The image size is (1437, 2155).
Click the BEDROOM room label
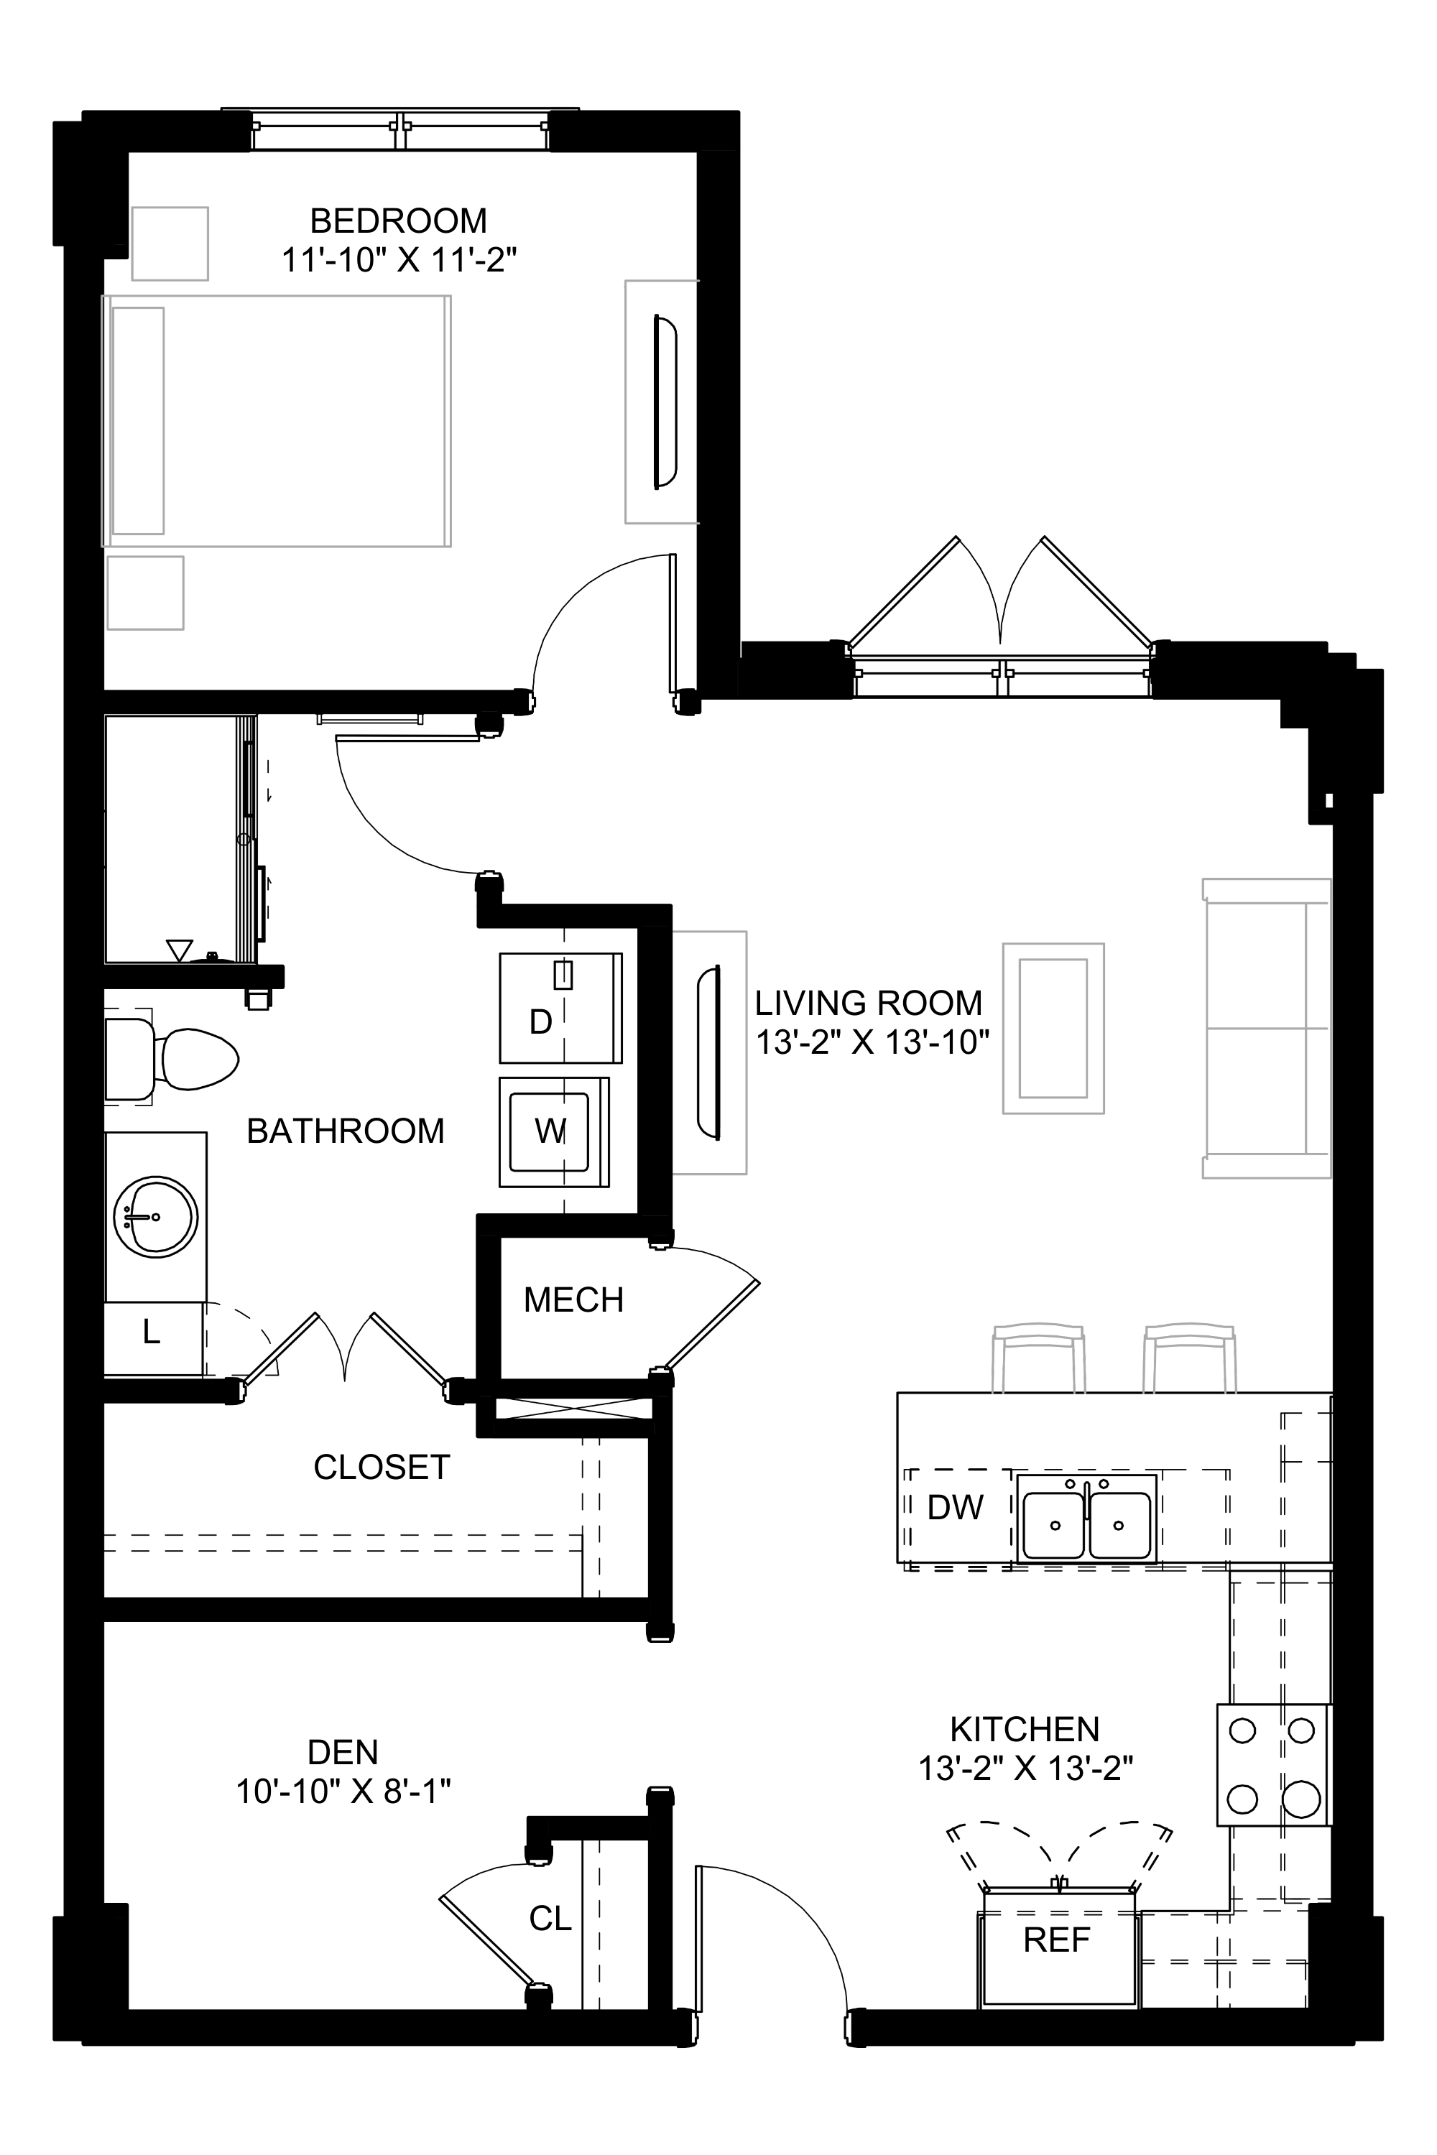[398, 221]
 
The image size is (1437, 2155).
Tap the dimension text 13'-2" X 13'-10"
[872, 1043]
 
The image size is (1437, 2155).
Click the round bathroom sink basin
[156, 1217]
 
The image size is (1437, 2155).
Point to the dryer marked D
[560, 1008]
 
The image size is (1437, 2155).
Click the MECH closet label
[573, 1299]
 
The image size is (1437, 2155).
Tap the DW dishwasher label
[955, 1506]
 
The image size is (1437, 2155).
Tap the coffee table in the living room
[1053, 1028]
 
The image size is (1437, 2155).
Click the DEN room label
[343, 1751]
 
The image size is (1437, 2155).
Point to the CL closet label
[550, 1918]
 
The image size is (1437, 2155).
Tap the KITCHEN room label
[1025, 1728]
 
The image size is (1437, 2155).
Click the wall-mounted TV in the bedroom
[665, 402]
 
